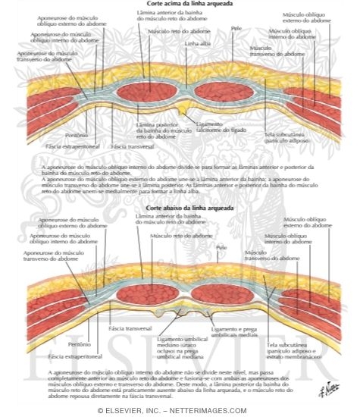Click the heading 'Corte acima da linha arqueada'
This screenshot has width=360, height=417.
tap(180, 4)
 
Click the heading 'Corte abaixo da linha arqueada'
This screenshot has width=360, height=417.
tap(180, 206)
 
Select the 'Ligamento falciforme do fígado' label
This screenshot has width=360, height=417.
tap(221, 128)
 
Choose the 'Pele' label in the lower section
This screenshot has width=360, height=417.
tap(221, 248)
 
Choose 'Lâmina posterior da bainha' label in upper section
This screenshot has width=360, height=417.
tap(159, 129)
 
